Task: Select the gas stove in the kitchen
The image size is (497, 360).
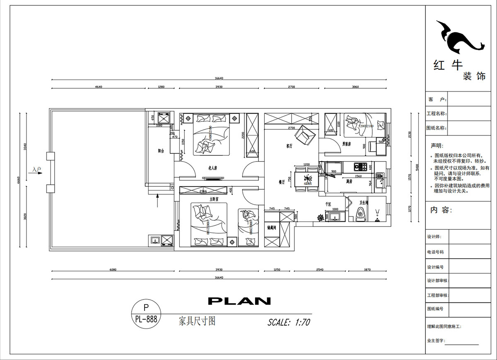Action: tap(360, 167)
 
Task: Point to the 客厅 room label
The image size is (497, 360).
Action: tap(290, 146)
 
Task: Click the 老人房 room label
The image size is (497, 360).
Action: tap(213, 168)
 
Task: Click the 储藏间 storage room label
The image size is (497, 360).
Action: tap(272, 227)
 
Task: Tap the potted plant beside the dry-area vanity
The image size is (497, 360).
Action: tap(320, 217)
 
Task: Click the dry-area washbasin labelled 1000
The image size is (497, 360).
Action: tap(335, 216)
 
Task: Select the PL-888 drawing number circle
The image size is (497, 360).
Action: tap(146, 314)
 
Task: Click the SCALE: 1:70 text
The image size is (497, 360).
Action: tap(289, 322)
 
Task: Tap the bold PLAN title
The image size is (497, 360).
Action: tap(239, 301)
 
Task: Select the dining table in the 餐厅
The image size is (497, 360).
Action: tap(307, 179)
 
